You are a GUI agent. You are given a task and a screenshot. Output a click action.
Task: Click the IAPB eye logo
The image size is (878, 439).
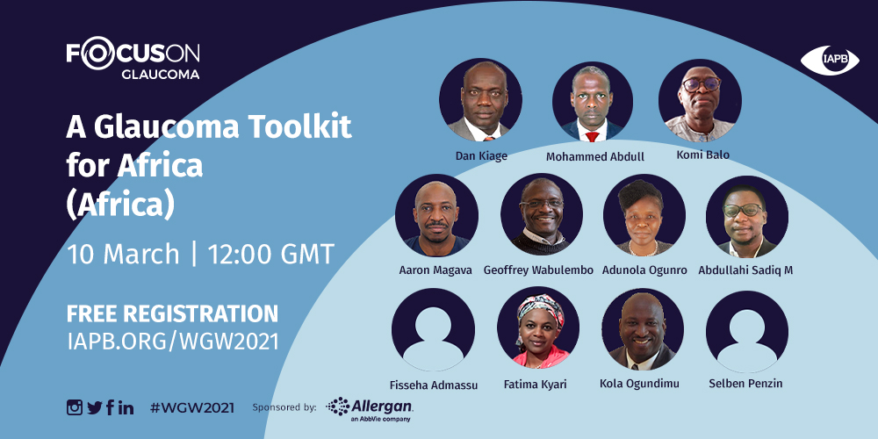[830, 61]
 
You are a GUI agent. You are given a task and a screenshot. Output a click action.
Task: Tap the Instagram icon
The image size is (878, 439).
[75, 407]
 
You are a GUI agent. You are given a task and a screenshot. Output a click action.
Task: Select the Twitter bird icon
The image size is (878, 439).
[95, 407]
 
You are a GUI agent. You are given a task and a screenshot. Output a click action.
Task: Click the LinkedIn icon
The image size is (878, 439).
[126, 407]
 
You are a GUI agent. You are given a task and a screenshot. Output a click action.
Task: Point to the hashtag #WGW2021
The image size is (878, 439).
[192, 407]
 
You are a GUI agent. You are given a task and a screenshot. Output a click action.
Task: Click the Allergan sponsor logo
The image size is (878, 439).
[370, 409]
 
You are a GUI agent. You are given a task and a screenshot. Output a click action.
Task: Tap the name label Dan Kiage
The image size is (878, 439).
[481, 155]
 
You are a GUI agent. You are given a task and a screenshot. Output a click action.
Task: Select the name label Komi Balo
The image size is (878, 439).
[702, 154]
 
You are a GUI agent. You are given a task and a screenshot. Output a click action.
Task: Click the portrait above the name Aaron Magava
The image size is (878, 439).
[436, 215]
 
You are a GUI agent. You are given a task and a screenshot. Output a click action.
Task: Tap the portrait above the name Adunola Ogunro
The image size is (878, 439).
[644, 215]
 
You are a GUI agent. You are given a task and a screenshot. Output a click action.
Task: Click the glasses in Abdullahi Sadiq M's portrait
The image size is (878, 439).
[743, 211]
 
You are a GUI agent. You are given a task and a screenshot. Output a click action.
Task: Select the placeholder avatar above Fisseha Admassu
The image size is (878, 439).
[434, 329]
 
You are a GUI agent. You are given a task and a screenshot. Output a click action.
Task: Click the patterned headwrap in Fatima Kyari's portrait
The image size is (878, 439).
[540, 309]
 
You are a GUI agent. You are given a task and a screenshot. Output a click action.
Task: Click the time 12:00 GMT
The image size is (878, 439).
[271, 255]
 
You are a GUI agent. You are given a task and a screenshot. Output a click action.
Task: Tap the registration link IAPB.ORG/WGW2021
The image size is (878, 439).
[172, 342]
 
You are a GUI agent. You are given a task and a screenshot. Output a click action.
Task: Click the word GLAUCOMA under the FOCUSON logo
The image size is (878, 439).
[160, 74]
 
